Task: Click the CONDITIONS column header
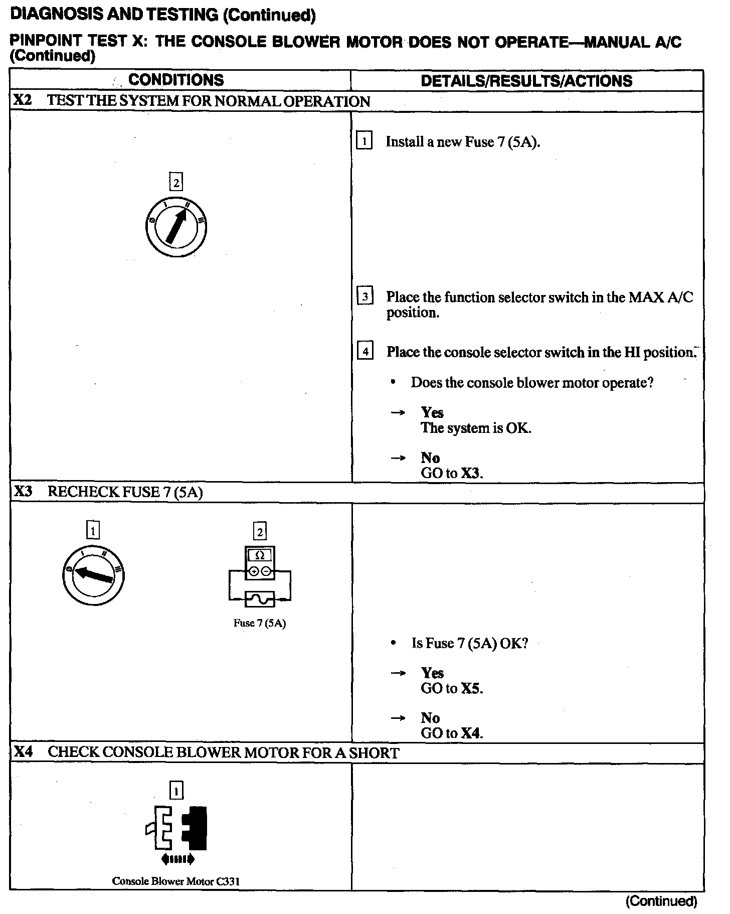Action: pos(176,80)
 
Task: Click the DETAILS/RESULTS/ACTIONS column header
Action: pos(526,81)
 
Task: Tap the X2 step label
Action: pos(23,100)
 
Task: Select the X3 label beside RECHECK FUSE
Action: pos(23,492)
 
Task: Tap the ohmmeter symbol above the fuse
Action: pos(260,562)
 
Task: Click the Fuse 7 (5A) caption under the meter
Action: pos(260,623)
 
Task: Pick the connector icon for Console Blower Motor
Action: pos(176,827)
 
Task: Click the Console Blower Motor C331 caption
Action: pos(176,881)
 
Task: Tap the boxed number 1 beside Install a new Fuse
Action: pos(364,141)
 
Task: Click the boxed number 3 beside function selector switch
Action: pos(364,296)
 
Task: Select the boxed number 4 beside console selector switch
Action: pos(364,351)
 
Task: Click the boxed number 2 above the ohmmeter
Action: pos(260,531)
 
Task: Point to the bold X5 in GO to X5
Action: pos(471,688)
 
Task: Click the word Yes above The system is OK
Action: pos(432,412)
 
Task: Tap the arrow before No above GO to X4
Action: pos(398,718)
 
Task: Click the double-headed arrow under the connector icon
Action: pos(177,859)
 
